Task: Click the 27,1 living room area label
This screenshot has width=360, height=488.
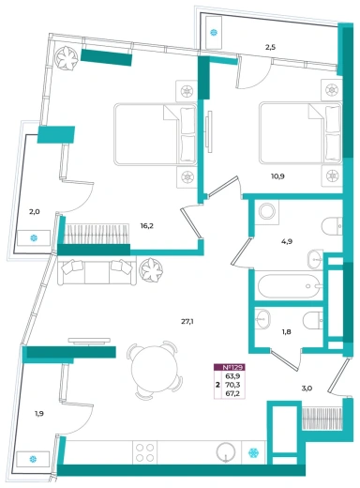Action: [x=187, y=321]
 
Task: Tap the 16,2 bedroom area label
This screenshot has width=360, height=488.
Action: [x=146, y=226]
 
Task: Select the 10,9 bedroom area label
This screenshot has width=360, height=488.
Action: [x=277, y=176]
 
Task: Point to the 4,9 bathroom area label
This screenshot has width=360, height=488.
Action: [x=287, y=241]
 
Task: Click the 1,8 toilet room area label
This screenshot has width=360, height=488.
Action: [x=286, y=332]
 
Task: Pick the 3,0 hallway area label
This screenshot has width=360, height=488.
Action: [x=307, y=389]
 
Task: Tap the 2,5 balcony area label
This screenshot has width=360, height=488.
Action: [x=270, y=48]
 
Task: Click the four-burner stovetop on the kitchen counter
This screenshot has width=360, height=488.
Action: [x=145, y=452]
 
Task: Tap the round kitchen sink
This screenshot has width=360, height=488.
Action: [x=226, y=451]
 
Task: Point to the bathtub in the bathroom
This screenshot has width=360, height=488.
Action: [x=289, y=286]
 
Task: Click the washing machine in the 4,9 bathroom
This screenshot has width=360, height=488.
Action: [x=266, y=212]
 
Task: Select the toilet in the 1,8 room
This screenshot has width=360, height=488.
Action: [x=313, y=320]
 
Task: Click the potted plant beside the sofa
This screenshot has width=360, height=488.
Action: [x=152, y=270]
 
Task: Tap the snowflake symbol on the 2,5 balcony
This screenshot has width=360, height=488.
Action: [x=214, y=32]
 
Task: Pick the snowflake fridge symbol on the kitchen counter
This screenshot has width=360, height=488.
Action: [x=253, y=452]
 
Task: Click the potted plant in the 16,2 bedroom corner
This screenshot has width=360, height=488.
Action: [x=66, y=58]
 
